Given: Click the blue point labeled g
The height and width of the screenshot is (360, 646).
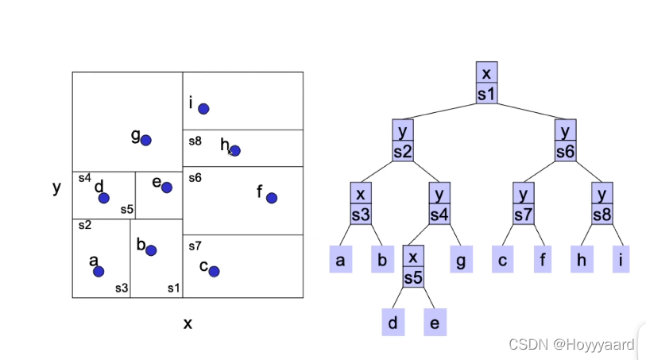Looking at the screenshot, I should point(146,140).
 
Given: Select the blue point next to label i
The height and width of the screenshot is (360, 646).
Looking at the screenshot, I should point(203,109).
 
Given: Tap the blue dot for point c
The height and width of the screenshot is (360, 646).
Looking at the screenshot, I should point(214,271).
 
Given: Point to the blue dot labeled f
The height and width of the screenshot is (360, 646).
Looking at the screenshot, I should point(272,198).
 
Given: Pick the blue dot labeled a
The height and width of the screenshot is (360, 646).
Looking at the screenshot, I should point(99,271).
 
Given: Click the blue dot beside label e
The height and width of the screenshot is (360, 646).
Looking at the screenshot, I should point(167,188).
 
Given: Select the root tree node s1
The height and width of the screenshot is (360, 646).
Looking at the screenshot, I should point(487,83).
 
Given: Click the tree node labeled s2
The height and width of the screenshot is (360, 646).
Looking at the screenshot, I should point(403,141).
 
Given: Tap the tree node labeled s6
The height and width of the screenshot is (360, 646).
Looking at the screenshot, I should point(565,141).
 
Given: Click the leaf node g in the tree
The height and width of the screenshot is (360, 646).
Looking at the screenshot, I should point(461,260).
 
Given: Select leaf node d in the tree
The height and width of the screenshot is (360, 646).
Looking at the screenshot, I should point(393,323).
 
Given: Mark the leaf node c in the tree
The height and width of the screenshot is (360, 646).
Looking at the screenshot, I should point(502,260).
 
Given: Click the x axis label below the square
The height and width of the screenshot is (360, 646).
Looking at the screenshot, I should point(188,323).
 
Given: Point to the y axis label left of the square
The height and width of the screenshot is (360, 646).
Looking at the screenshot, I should point(56,188).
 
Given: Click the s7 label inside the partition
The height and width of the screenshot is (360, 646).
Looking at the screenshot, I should point(195,245).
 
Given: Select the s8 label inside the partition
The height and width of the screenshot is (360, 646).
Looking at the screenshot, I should point(195,141).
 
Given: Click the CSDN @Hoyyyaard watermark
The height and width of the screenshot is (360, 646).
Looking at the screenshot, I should point(571,344).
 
